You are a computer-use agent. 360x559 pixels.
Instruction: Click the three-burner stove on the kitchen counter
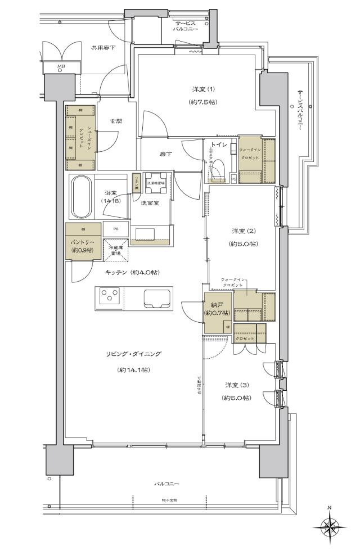pos(110,296)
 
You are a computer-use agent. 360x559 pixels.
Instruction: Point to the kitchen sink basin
pos(159,297)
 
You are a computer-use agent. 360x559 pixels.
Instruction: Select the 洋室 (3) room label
pos(236,385)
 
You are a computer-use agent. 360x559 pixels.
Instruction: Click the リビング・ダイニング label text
pos(133,354)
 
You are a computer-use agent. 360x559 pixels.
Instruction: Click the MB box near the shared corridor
pos(61,67)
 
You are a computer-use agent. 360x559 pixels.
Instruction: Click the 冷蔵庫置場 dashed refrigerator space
pos(116,251)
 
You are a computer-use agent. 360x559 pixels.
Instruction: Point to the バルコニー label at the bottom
pos(167,484)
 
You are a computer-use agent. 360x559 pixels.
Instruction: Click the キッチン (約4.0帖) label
pos(132,272)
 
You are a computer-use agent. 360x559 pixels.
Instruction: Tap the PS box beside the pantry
pos(115,229)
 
